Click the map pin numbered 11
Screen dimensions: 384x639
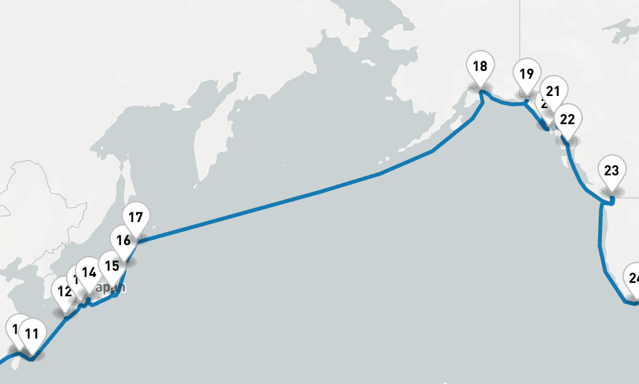tap(31, 333)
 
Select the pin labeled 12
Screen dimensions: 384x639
tap(64, 292)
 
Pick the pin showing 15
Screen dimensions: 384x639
tap(112, 266)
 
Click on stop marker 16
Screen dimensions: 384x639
tap(123, 241)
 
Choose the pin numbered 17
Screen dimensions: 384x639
tap(135, 217)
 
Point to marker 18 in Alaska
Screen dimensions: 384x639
tap(480, 66)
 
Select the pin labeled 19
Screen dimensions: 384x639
tap(526, 74)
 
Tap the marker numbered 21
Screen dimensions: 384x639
tap(553, 91)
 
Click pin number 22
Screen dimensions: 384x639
tap(567, 119)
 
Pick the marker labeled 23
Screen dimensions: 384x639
tap(612, 171)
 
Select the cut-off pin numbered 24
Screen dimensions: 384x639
tap(633, 278)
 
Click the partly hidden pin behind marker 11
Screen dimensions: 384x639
tap(14, 329)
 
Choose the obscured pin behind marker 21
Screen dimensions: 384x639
tap(543, 104)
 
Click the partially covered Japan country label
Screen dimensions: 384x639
tap(112, 287)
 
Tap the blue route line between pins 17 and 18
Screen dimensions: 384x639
tap(288, 200)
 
